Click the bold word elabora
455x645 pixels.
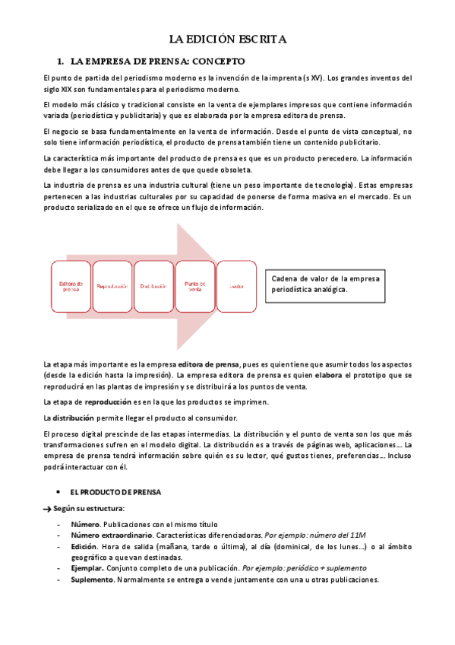(x=328, y=375)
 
